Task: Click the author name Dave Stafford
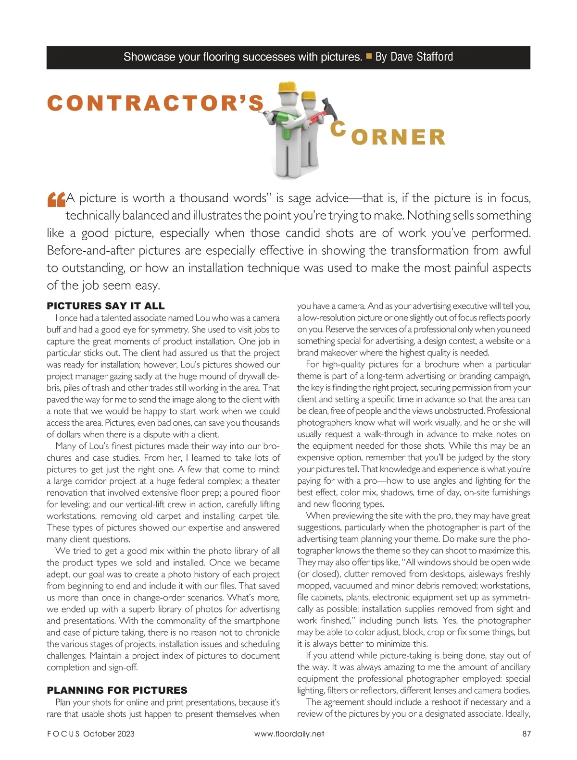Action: [421, 57]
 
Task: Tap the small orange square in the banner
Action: [369, 57]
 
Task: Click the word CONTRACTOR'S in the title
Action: [156, 103]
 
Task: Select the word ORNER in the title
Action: [399, 137]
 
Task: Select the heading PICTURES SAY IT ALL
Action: [105, 306]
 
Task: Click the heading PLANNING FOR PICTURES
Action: [117, 690]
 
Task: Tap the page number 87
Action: [526, 734]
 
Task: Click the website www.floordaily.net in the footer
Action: [289, 734]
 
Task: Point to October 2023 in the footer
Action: [109, 734]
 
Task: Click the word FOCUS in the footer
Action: [62, 734]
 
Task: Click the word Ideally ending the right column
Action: [517, 714]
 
